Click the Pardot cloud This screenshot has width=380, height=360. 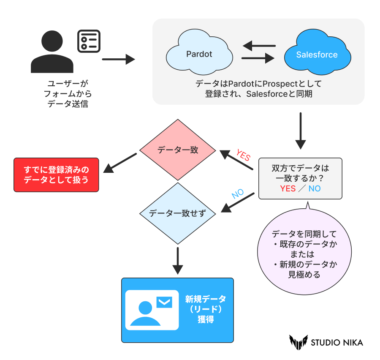tap(199, 54)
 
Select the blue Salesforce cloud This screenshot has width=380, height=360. tap(317, 55)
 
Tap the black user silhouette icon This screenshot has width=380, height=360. tap(52, 52)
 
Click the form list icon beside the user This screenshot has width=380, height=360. tap(89, 41)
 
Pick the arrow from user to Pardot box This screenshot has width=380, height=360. tap(118, 60)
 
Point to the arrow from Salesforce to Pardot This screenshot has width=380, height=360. tap(258, 46)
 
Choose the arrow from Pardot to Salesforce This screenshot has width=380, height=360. tap(258, 59)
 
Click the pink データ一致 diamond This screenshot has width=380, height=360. tap(178, 150)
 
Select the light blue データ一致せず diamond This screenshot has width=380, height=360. tap(178, 213)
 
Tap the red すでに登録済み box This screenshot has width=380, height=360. tap(56, 175)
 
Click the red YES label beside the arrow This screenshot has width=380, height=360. tap(243, 155)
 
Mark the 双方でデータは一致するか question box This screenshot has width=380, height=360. tap(300, 178)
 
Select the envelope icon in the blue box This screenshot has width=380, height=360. tap(164, 302)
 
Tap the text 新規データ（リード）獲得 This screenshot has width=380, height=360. tap(206, 309)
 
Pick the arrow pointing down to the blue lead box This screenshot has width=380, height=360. tap(178, 261)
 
